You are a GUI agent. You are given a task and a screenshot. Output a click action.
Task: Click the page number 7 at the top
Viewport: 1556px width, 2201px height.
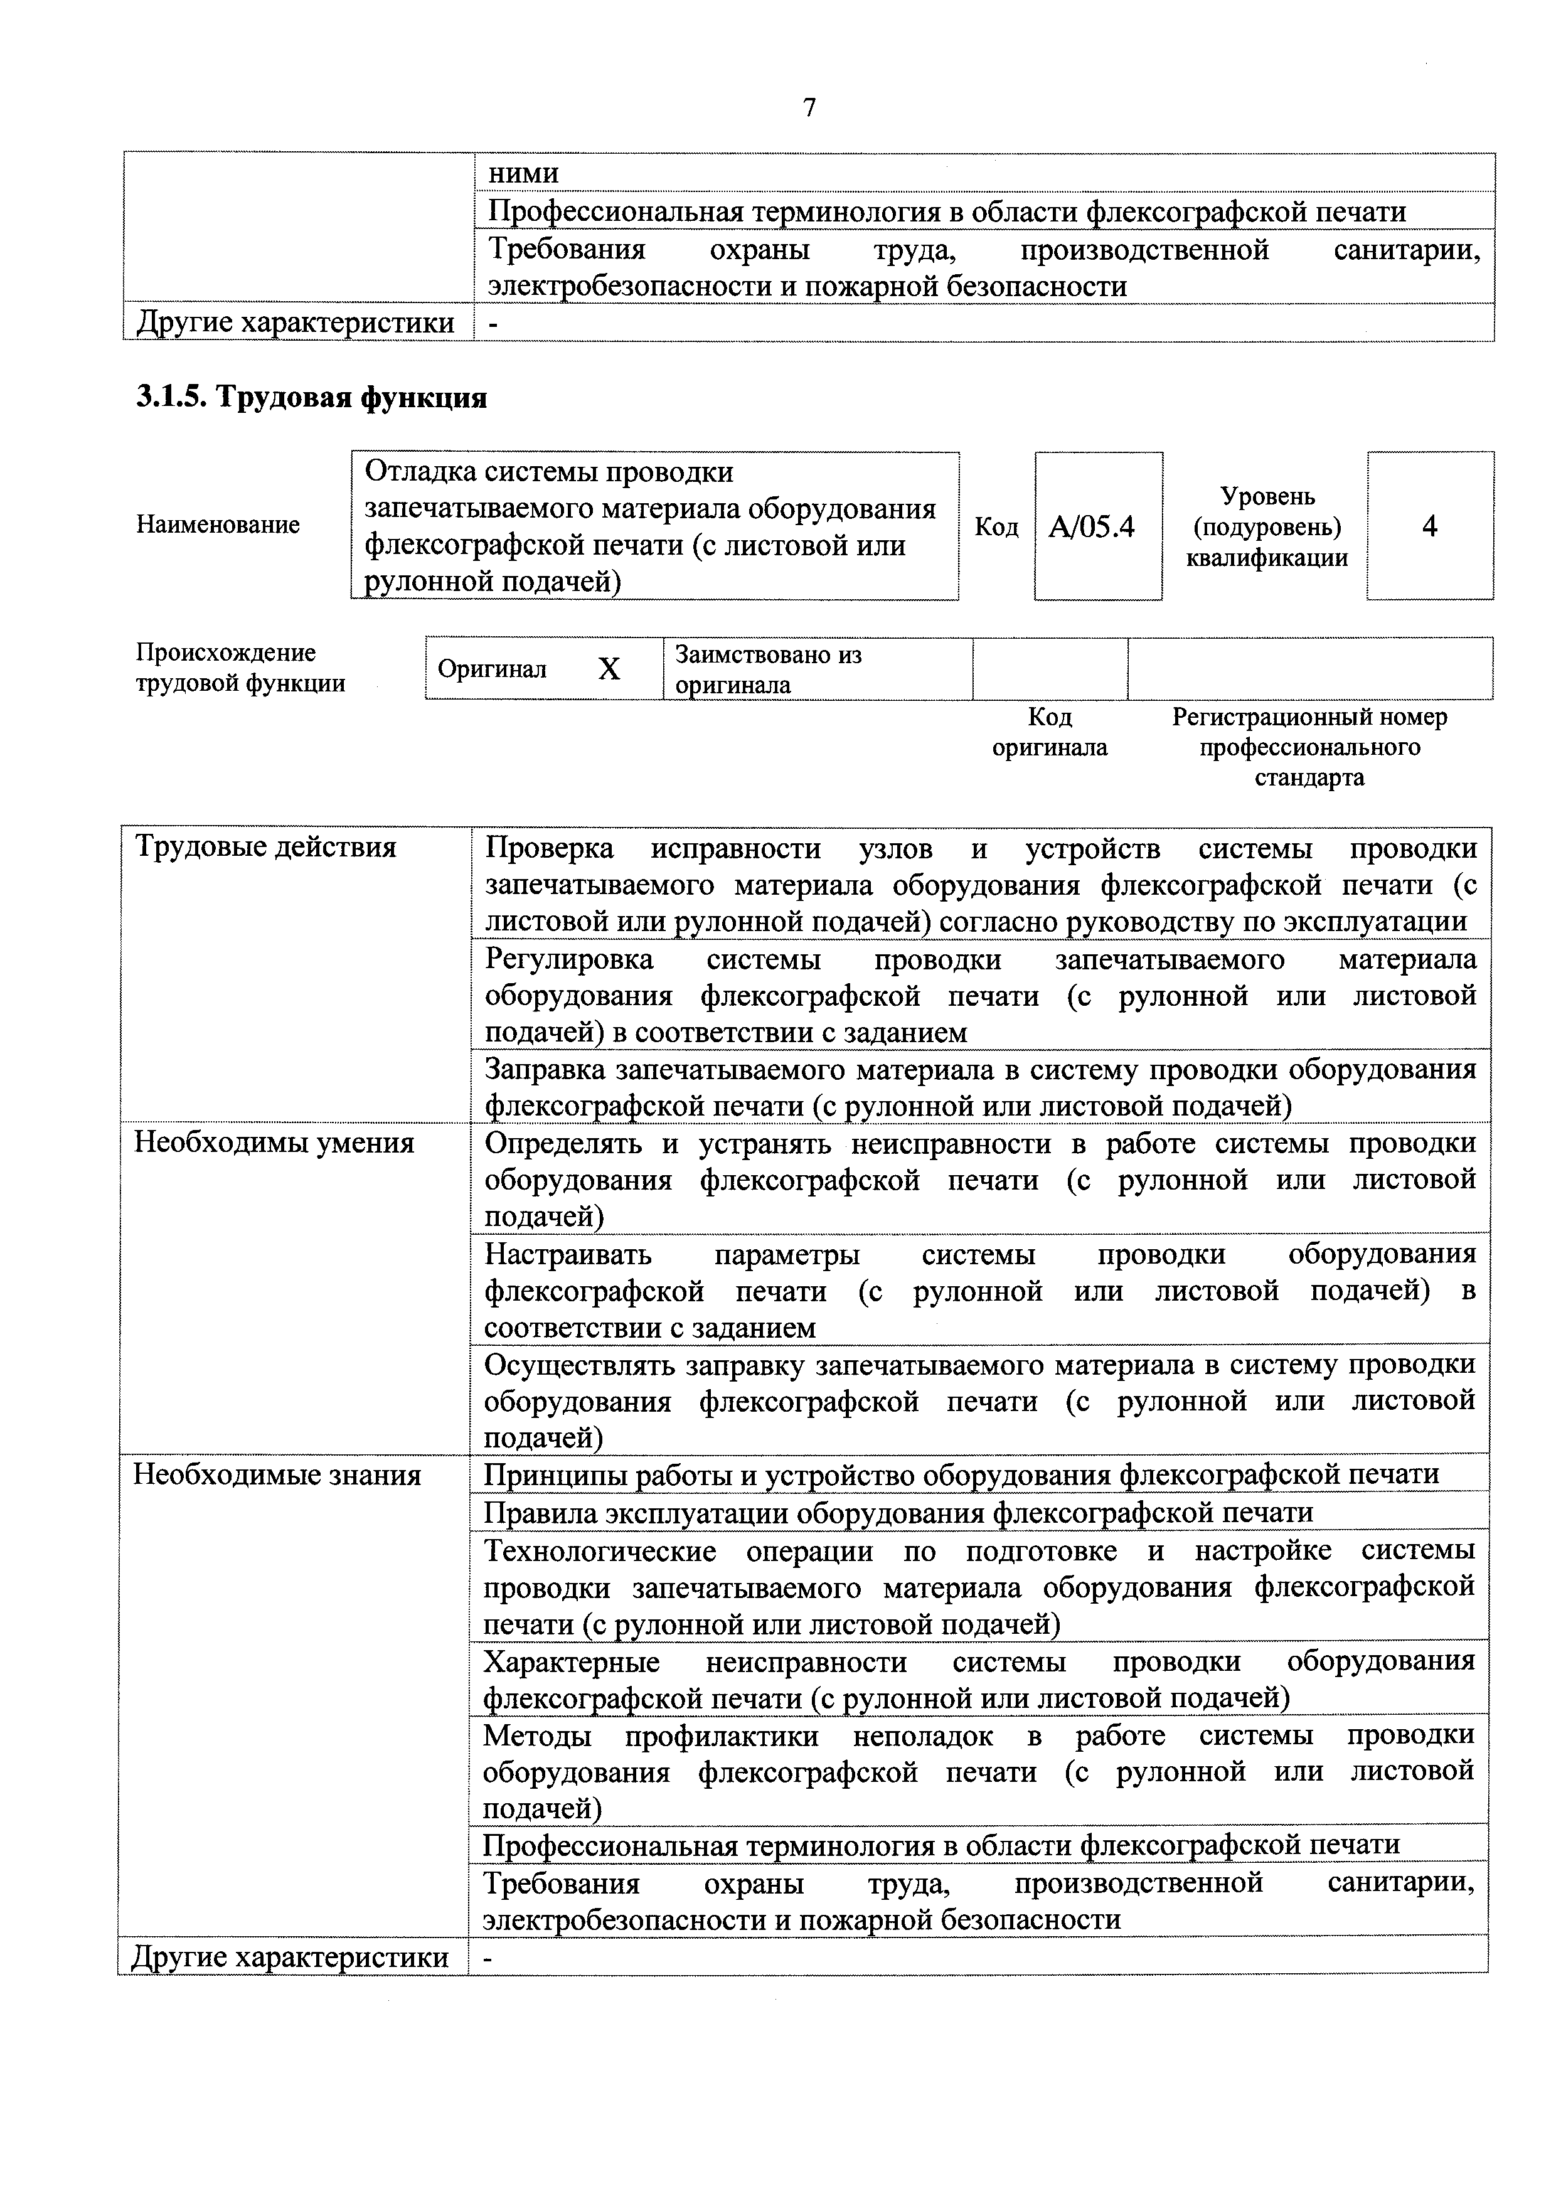(x=808, y=109)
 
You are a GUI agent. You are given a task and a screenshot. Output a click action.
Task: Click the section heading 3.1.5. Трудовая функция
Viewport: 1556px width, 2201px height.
(x=312, y=398)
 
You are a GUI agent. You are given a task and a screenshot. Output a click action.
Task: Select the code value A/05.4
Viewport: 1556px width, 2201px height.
(x=1091, y=526)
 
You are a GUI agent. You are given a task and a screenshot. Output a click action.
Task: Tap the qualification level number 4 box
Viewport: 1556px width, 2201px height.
(x=1429, y=526)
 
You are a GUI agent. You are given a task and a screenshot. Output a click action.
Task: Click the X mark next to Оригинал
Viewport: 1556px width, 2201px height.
(x=609, y=669)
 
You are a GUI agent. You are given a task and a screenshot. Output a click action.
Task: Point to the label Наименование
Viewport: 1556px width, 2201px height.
(x=218, y=525)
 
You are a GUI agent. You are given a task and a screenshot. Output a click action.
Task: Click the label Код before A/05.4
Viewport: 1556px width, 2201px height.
(x=996, y=527)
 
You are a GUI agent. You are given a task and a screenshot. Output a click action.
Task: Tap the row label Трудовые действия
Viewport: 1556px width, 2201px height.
(x=265, y=848)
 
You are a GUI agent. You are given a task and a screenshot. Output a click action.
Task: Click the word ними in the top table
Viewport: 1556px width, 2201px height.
(x=523, y=174)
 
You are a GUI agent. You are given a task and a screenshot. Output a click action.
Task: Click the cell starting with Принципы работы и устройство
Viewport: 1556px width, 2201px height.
(x=960, y=1474)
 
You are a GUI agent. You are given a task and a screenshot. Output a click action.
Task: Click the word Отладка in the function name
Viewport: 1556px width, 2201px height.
(x=419, y=472)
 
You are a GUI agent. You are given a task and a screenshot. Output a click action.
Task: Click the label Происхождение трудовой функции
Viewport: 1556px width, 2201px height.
(x=240, y=668)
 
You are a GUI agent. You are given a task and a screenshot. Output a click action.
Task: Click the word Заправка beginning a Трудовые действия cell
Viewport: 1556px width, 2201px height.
(x=545, y=1069)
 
